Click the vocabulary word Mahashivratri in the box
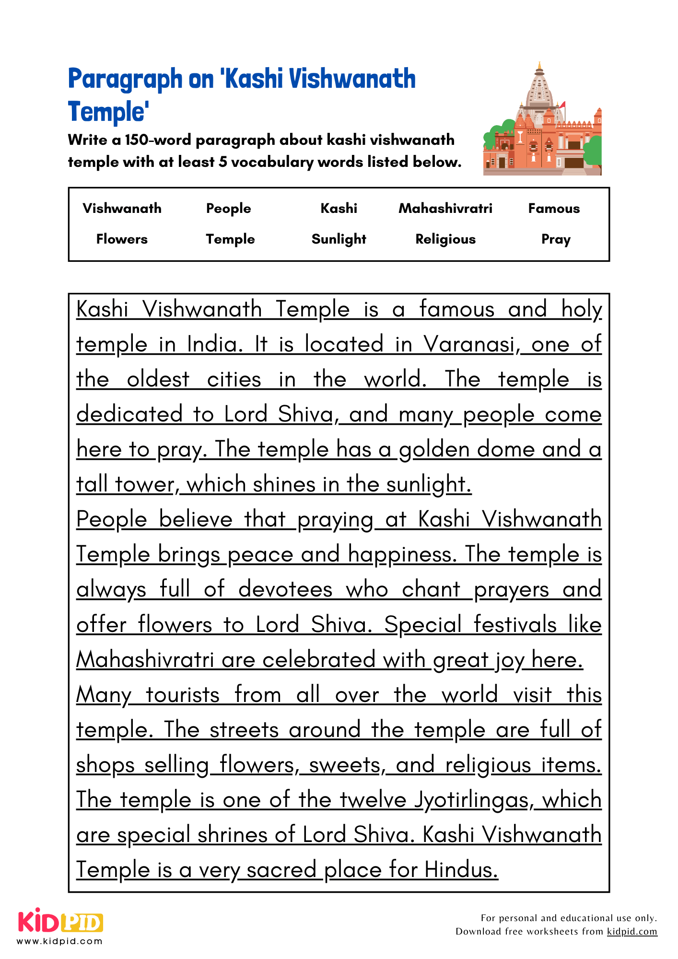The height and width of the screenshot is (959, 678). coord(445,208)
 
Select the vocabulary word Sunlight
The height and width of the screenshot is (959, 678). coord(339,239)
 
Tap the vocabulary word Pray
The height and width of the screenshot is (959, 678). coord(556,239)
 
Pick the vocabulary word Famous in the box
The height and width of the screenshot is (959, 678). coord(554,208)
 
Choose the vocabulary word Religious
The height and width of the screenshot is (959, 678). coord(445,239)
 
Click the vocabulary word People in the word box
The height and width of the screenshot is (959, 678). coord(228,208)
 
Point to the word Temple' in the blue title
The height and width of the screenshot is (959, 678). coord(108,112)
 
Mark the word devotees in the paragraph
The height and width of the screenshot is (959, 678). coord(285,589)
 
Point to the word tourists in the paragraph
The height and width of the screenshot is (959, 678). coord(183,695)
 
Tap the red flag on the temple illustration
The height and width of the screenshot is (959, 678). coord(562,105)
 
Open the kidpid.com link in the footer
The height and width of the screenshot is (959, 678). coord(631,931)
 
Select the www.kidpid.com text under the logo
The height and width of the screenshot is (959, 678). coord(59,941)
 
